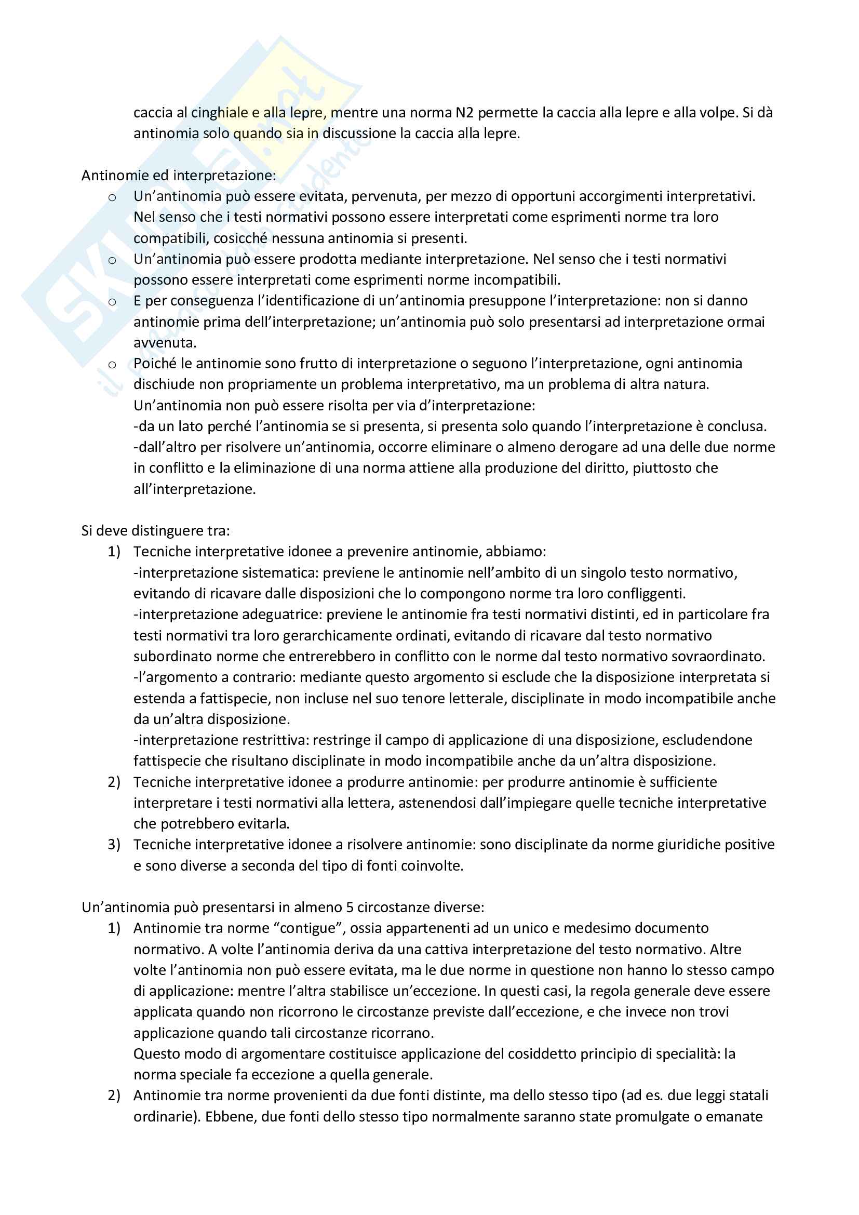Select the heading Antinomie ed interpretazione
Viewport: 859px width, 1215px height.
click(178, 175)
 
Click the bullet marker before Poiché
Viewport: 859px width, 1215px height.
click(112, 365)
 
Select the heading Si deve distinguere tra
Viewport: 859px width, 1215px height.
click(155, 531)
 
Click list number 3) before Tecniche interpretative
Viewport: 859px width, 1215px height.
click(114, 845)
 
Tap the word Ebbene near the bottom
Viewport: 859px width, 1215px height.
click(229, 1117)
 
